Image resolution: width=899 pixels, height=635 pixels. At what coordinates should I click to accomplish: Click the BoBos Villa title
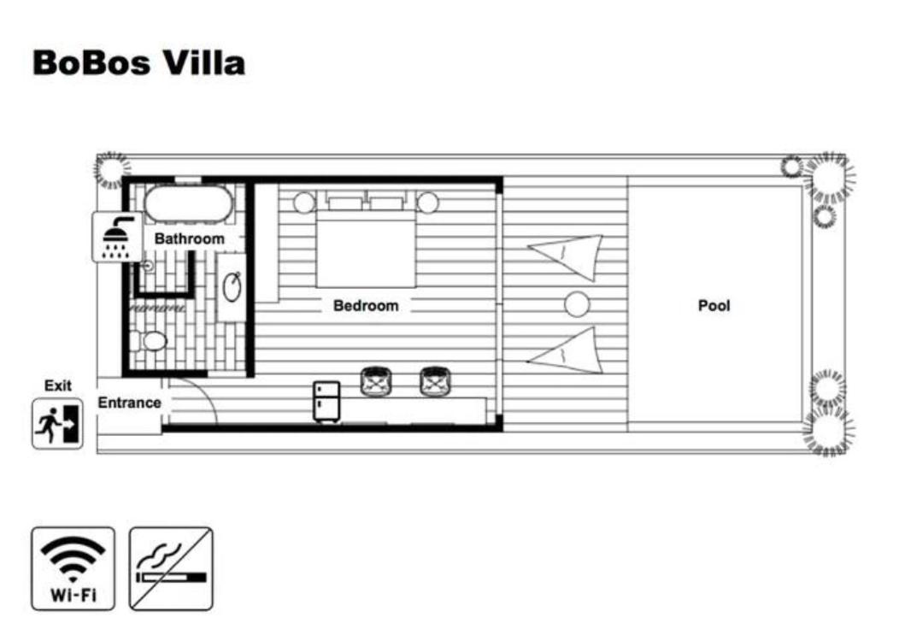pyautogui.click(x=138, y=62)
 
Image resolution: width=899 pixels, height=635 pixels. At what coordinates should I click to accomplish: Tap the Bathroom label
pyautogui.click(x=189, y=238)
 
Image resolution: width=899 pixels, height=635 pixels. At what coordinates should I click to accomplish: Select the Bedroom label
pyautogui.click(x=366, y=305)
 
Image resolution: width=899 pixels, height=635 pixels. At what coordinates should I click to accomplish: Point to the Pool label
pyautogui.click(x=714, y=305)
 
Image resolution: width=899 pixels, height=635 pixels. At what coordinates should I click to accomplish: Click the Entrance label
pyautogui.click(x=129, y=403)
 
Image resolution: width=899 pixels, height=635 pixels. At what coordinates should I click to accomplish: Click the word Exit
pyautogui.click(x=58, y=385)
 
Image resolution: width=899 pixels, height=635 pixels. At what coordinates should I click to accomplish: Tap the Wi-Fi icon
pyautogui.click(x=73, y=568)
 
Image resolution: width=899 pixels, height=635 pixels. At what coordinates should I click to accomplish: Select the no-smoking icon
pyautogui.click(x=171, y=568)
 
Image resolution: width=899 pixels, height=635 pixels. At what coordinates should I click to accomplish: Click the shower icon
pyautogui.click(x=118, y=237)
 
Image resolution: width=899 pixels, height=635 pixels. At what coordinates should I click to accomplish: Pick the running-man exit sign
pyautogui.click(x=57, y=424)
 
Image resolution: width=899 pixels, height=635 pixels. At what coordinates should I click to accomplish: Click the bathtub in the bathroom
pyautogui.click(x=188, y=203)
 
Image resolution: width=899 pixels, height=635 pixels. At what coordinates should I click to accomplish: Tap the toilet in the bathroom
pyautogui.click(x=149, y=341)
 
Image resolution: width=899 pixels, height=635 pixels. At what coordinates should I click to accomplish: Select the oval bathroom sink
pyautogui.click(x=232, y=287)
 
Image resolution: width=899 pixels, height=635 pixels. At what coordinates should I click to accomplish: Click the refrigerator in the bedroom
pyautogui.click(x=326, y=402)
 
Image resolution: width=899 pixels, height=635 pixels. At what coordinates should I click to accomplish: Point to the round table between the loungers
pyautogui.click(x=577, y=304)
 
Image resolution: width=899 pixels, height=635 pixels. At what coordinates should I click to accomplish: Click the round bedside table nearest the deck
pyautogui.click(x=428, y=202)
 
